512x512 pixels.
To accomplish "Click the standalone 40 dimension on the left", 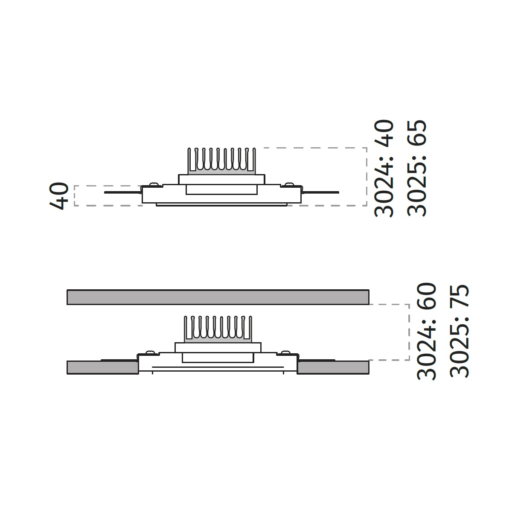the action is coord(59,196).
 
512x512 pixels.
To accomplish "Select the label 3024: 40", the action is coord(384,169).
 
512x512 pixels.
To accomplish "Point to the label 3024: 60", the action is coord(427,332).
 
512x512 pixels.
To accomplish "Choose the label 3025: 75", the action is coord(460,332).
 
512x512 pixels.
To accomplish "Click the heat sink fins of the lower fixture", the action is coord(218,329).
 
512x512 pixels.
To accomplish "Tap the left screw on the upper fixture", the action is coord(153,184).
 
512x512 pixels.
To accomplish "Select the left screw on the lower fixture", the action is coord(150,352).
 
